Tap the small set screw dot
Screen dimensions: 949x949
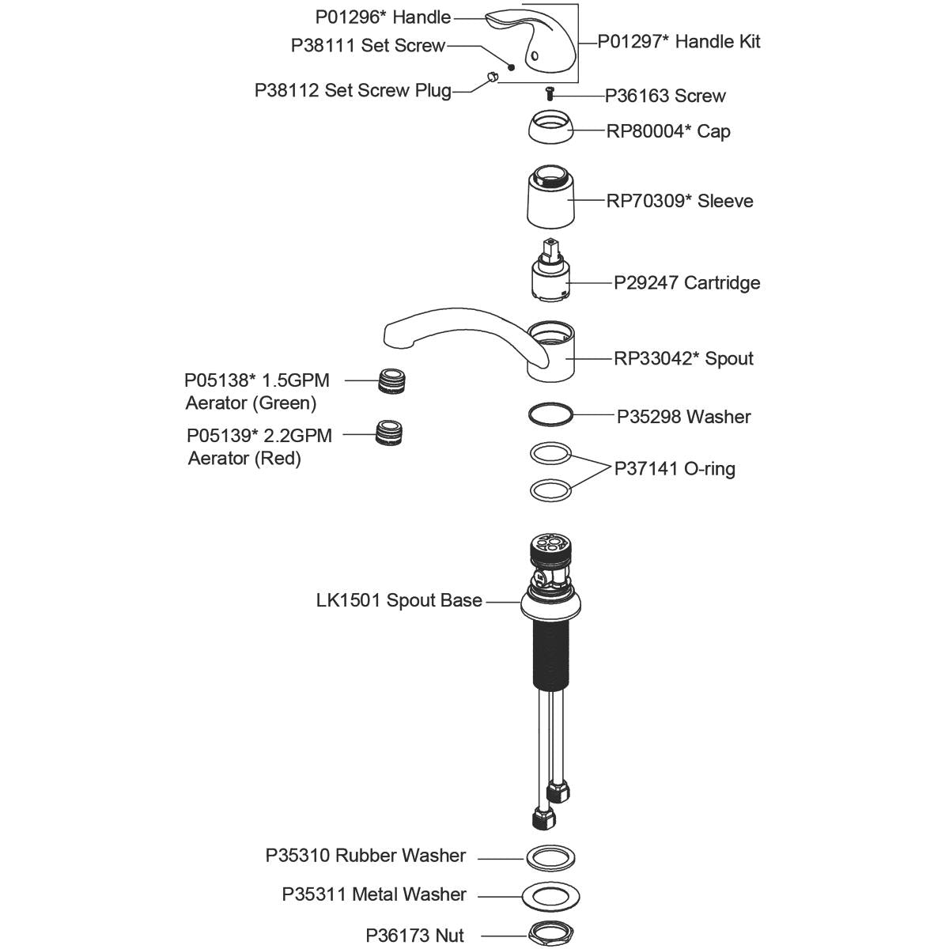(511, 68)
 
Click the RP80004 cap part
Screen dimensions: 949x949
(550, 128)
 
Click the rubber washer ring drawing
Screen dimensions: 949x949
(550, 856)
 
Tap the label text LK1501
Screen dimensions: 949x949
(348, 600)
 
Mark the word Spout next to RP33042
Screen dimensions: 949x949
(729, 358)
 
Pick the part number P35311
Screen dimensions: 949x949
(314, 894)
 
